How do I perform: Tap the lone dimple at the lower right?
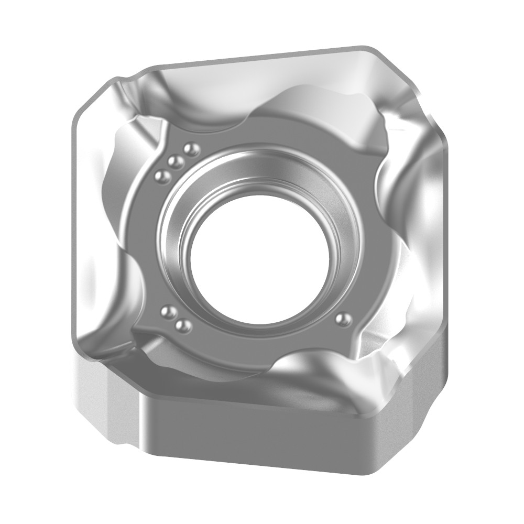click(x=343, y=319)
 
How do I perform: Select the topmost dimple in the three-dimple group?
click(x=192, y=150)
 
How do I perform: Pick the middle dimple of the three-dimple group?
click(x=177, y=161)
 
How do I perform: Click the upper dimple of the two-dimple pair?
click(x=168, y=313)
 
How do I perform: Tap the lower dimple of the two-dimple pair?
click(x=183, y=326)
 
